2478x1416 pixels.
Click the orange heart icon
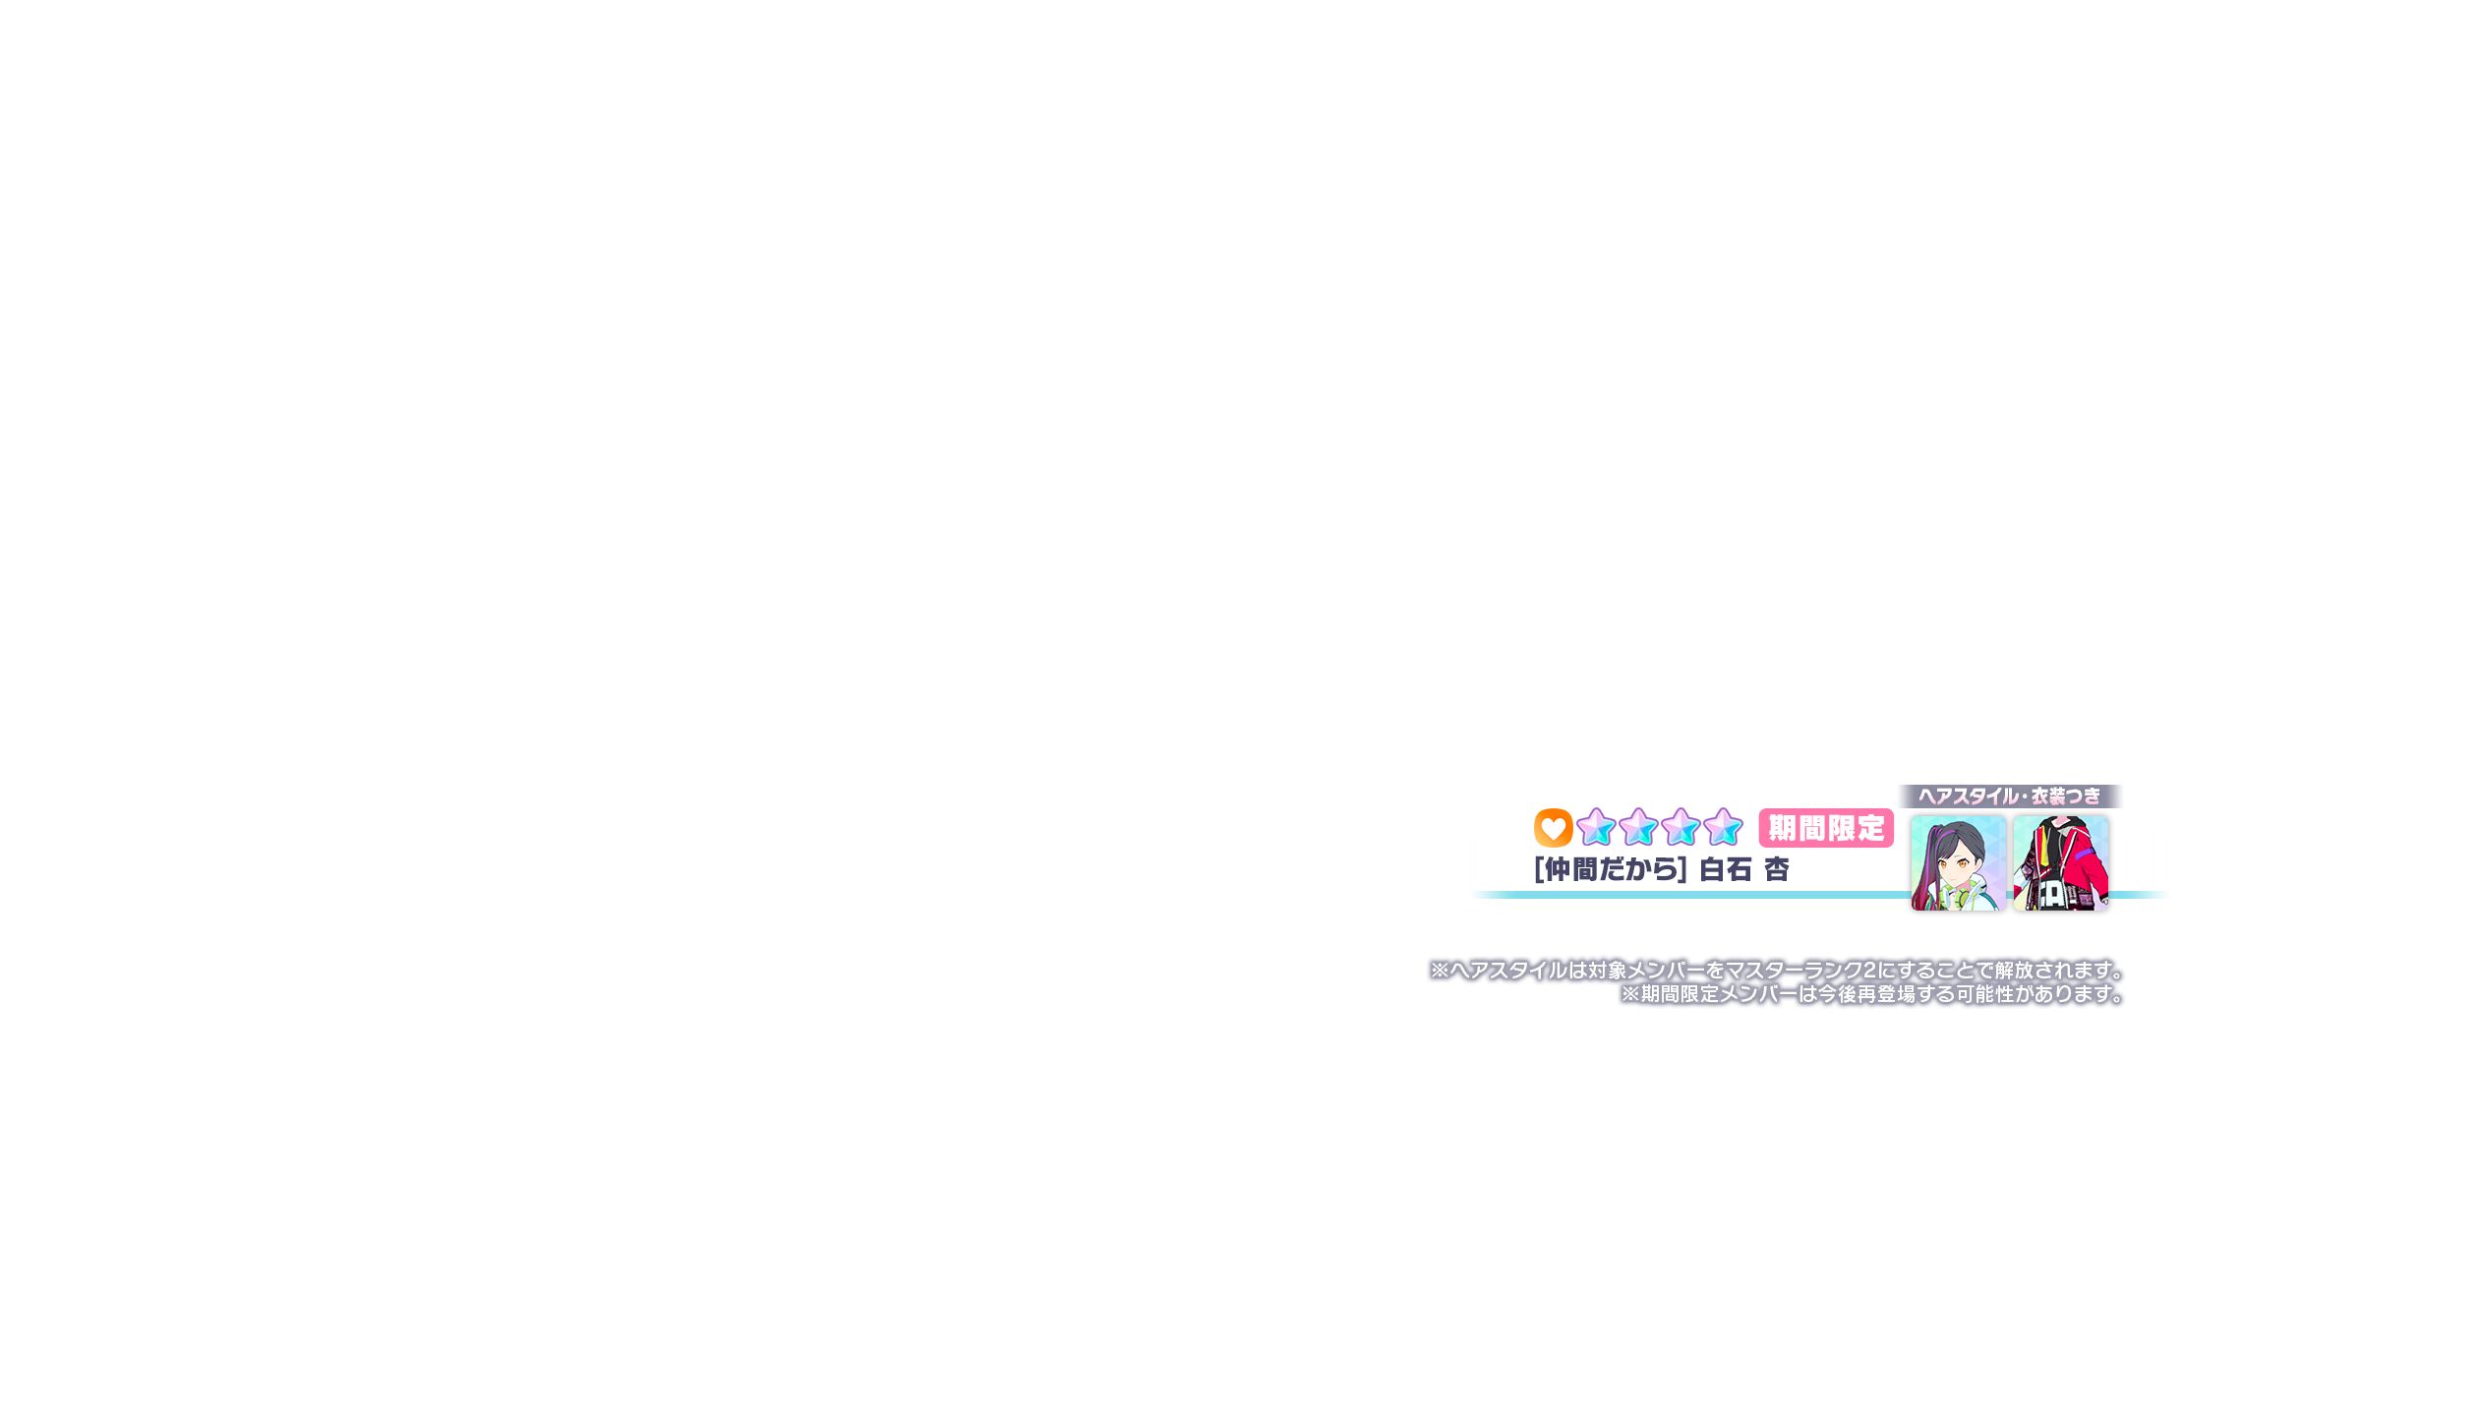tap(1553, 828)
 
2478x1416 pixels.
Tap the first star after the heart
tap(1596, 827)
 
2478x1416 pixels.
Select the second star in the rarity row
tap(1638, 827)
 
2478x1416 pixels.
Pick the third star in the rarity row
tap(1681, 827)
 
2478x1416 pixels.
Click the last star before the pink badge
tap(1723, 827)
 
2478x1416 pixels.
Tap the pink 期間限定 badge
tap(1826, 828)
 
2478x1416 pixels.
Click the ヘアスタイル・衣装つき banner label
tap(2010, 796)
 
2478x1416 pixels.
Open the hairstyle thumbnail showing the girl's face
tap(1958, 862)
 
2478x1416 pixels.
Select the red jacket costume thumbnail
tap(2060, 862)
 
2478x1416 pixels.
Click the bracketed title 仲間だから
tap(1611, 869)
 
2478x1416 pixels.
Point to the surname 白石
tap(1726, 869)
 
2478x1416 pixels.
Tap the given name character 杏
tap(1776, 869)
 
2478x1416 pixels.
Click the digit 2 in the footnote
tap(1869, 971)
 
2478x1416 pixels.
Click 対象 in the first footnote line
tap(1608, 971)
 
